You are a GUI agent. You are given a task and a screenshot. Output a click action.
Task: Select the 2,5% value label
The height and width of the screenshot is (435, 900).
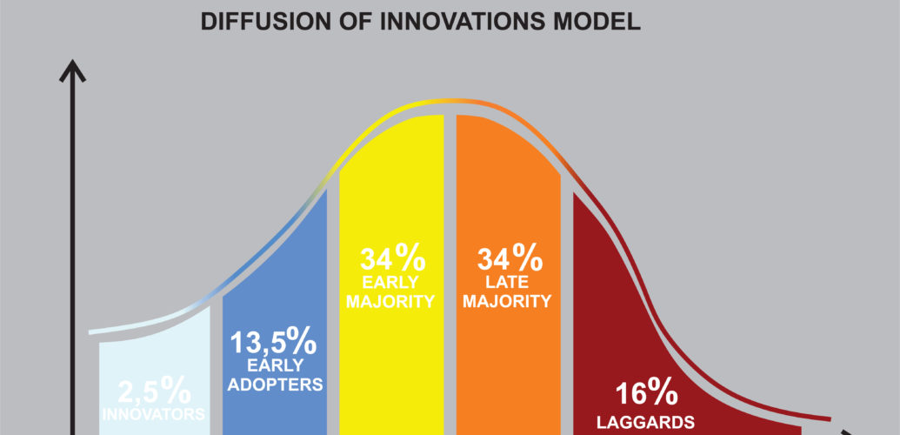coord(155,391)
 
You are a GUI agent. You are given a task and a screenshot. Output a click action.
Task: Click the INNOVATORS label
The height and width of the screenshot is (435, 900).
coord(153,414)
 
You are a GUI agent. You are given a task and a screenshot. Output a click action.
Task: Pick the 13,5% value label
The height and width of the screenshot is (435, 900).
coord(273,343)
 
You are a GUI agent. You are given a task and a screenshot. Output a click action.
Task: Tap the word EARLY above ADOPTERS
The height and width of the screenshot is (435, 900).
coord(276,365)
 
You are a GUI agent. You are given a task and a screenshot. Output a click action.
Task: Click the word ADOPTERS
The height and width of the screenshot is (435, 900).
coord(276,385)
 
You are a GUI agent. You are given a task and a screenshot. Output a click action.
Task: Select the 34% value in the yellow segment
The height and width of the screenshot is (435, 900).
coord(392,258)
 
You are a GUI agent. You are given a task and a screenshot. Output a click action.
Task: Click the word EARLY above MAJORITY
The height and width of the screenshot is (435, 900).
coord(391,282)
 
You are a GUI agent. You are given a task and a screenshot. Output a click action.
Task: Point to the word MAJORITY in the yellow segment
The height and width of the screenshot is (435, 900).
coord(390,302)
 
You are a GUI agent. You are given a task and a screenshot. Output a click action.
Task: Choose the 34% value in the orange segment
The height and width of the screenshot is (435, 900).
coord(510,258)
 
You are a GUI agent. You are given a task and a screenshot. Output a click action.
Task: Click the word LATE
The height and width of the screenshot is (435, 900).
coord(507,282)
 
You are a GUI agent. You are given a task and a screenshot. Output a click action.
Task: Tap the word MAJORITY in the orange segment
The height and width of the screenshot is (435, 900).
coord(508,301)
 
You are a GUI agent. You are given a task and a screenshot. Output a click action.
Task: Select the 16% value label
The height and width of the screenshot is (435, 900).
coord(646,395)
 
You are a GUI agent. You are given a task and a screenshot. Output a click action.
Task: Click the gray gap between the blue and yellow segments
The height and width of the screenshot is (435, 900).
coord(333,311)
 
